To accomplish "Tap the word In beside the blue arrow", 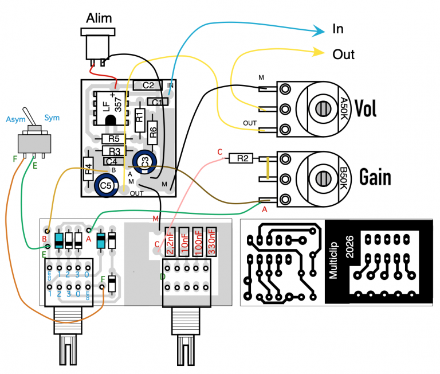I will coord(338,29).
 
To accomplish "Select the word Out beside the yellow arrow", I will coord(344,54).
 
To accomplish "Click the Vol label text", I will coord(366,108).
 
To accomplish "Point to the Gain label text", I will coord(375,178).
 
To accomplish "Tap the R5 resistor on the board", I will coord(114,138).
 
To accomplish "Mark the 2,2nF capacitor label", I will coord(170,240).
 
